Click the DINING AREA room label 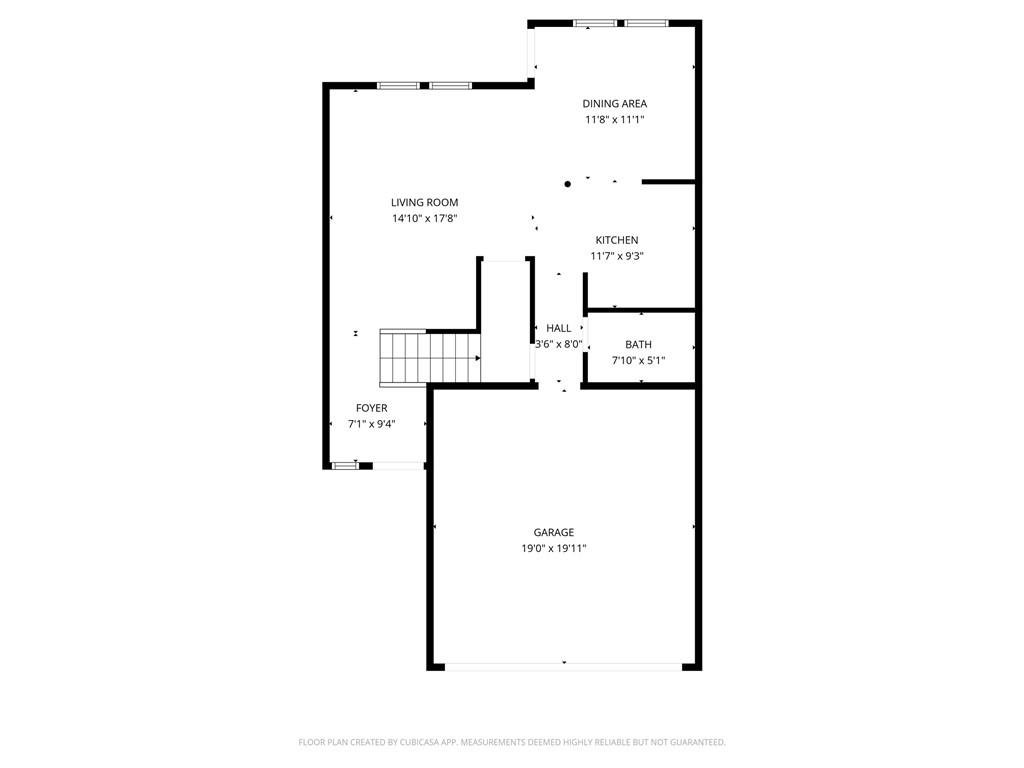pyautogui.click(x=614, y=103)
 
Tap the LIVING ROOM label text pyautogui.click(x=424, y=202)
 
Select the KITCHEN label pyautogui.click(x=616, y=240)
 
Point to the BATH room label pyautogui.click(x=638, y=345)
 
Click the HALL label pyautogui.click(x=559, y=328)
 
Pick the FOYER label pyautogui.click(x=371, y=408)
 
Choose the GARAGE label pyautogui.click(x=553, y=532)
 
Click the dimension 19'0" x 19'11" pyautogui.click(x=553, y=548)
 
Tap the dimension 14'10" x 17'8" pyautogui.click(x=424, y=218)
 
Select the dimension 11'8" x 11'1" pyautogui.click(x=614, y=119)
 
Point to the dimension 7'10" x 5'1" pyautogui.click(x=638, y=360)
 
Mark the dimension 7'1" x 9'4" pyautogui.click(x=371, y=424)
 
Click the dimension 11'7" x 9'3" pyautogui.click(x=616, y=256)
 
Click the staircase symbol pyautogui.click(x=429, y=357)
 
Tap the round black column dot pyautogui.click(x=568, y=184)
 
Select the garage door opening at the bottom pyautogui.click(x=563, y=665)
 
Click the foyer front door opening pyautogui.click(x=397, y=465)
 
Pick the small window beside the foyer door pyautogui.click(x=345, y=465)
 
